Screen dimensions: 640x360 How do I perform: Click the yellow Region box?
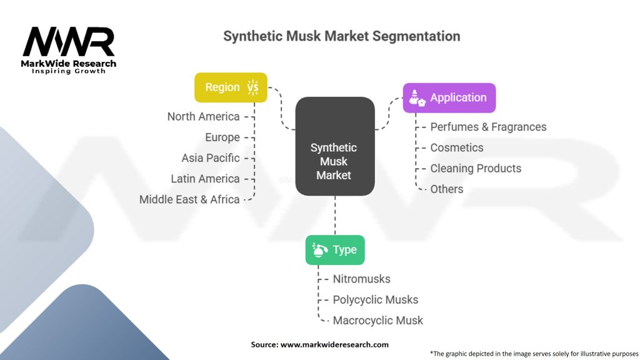tap(231, 87)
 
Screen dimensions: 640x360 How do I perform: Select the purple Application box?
tap(449, 98)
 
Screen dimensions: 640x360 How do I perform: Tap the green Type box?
tap(335, 250)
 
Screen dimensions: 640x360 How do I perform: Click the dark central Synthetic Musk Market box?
tap(335, 146)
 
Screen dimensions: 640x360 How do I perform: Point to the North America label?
tap(203, 117)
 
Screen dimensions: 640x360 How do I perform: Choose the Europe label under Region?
tap(222, 137)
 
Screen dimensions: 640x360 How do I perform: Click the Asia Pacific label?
tap(211, 158)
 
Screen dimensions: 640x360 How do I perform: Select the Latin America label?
tap(205, 179)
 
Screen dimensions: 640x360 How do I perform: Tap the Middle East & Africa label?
tap(189, 199)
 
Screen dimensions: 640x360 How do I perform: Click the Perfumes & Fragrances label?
tap(488, 127)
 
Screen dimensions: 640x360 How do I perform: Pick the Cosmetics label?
tap(457, 147)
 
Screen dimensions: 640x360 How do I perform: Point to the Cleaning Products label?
tap(476, 169)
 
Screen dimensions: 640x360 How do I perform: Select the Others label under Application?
tap(447, 189)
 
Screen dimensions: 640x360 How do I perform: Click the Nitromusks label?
tap(362, 279)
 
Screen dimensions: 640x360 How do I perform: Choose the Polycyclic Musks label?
tap(376, 300)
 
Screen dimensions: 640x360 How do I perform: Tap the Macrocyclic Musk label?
tap(378, 321)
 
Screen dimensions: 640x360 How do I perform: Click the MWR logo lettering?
tap(69, 42)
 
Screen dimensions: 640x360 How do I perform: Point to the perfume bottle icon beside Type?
tap(319, 250)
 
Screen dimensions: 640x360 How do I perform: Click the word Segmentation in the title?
tap(416, 36)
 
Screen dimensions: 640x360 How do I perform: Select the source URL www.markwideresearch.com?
tap(335, 345)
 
